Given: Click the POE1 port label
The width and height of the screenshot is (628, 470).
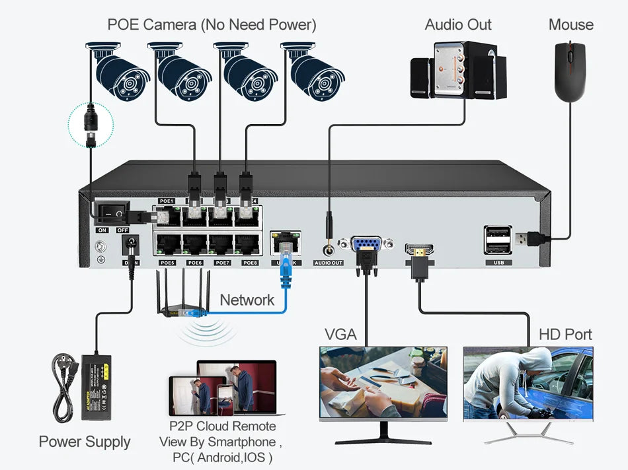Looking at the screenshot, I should [166, 200].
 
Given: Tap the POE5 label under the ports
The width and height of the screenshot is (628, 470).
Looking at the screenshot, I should [167, 263].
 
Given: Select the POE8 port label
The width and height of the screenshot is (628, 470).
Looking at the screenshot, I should [250, 263].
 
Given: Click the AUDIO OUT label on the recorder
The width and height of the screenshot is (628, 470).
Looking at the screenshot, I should [329, 263].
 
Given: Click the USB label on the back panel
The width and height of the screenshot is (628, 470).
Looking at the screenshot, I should [498, 263].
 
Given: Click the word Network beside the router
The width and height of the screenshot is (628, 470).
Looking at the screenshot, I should [247, 300].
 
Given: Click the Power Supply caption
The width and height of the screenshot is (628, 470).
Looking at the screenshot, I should [85, 442].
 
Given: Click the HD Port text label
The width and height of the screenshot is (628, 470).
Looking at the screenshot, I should [565, 334].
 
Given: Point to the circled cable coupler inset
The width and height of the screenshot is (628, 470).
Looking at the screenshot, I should [91, 124].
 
